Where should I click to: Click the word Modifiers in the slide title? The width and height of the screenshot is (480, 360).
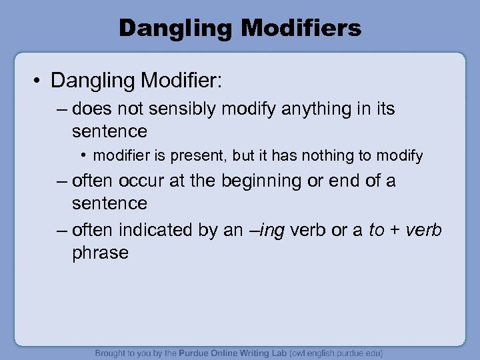click(x=302, y=28)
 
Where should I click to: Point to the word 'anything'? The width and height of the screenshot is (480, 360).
click(x=309, y=109)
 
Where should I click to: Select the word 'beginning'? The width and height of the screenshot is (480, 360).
click(x=261, y=181)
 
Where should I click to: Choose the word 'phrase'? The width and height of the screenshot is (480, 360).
click(x=100, y=253)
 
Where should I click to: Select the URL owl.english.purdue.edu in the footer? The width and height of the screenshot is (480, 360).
click(x=336, y=353)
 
